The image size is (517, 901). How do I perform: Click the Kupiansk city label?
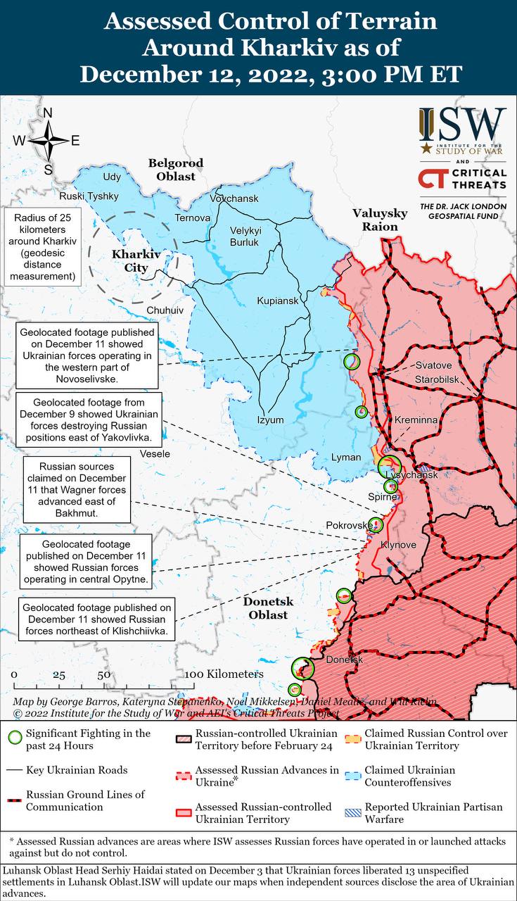click(277, 301)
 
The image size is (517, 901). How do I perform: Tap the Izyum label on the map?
click(270, 420)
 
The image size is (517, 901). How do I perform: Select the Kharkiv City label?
click(131, 260)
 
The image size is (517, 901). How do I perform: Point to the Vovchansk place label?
click(234, 199)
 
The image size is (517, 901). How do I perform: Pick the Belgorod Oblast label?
click(175, 170)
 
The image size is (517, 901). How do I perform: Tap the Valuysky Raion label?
click(380, 220)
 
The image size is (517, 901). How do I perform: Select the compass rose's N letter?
click(48, 113)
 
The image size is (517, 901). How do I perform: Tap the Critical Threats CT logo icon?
click(433, 179)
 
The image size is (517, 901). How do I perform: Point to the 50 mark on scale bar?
click(103, 674)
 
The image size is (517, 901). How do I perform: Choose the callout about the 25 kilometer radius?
click(42, 246)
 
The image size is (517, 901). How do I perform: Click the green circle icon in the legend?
click(13, 738)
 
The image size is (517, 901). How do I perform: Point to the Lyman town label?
click(346, 458)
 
